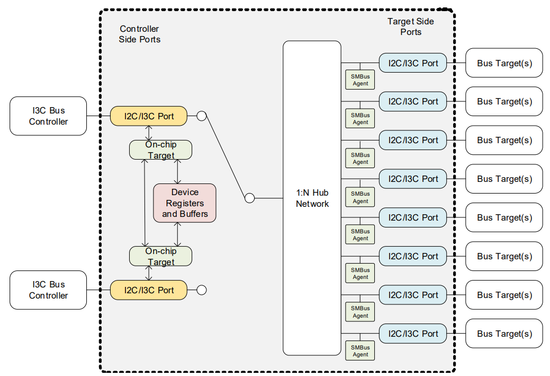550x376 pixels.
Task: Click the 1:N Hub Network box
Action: (312, 198)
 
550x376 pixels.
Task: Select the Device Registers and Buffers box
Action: (185, 203)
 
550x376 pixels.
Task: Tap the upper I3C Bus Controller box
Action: (48, 116)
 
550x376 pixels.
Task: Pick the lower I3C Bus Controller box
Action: (48, 290)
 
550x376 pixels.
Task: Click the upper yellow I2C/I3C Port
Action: (149, 116)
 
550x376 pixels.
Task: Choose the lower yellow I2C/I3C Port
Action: (149, 290)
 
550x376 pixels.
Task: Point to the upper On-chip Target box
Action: (160, 150)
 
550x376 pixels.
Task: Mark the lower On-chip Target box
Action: (160, 256)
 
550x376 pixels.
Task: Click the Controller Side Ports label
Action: (139, 34)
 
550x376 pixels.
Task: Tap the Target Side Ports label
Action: (410, 27)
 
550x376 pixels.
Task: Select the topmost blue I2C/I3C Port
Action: (413, 63)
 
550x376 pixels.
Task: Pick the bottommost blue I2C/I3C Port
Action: (413, 334)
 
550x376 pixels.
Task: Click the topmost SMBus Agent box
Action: (360, 80)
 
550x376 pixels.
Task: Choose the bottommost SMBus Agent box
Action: (360, 351)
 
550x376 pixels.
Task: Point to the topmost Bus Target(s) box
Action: (504, 63)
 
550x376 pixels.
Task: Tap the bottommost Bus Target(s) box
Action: (504, 334)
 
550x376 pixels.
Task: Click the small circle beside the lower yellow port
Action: (201, 290)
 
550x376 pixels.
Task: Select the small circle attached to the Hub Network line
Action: (250, 198)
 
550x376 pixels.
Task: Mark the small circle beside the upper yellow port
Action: (201, 116)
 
